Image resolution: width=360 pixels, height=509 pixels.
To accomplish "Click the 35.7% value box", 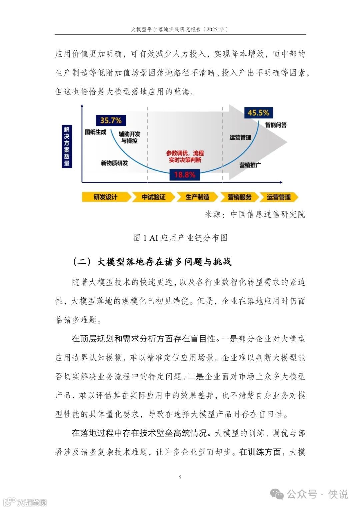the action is tap(111, 120).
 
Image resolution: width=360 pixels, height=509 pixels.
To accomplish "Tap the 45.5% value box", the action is tap(258, 113).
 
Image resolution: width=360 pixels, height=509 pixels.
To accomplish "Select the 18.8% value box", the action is tap(185, 175).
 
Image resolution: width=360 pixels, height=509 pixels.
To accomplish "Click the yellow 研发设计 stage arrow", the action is tap(106, 197).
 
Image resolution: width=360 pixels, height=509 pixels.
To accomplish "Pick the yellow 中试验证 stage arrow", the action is tap(153, 197).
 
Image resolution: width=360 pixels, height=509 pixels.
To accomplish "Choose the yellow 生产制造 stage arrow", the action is tap(197, 197).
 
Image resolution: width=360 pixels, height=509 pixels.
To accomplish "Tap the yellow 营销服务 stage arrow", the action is tap(239, 197).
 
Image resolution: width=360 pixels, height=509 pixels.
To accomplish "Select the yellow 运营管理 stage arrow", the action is tap(279, 197).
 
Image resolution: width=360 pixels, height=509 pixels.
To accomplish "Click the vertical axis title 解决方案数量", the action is tap(67, 146).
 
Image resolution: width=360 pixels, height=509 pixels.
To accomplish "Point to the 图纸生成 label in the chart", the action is tap(95, 132).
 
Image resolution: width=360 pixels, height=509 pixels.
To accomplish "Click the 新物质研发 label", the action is tap(114, 163).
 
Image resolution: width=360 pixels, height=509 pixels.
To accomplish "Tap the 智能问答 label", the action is tap(276, 125).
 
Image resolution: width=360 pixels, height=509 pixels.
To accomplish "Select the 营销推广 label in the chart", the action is tap(250, 165).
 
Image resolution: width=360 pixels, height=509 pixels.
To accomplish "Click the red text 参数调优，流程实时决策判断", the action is tap(185, 156).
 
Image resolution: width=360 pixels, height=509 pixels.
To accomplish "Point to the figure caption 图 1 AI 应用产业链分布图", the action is tap(180, 238).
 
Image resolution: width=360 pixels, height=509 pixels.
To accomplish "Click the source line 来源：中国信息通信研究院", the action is tap(255, 214).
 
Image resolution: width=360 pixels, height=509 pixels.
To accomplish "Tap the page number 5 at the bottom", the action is tap(180, 477).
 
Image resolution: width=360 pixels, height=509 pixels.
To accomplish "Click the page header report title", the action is tap(180, 29).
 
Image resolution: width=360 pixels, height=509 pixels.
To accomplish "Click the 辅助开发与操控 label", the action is tap(129, 137).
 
